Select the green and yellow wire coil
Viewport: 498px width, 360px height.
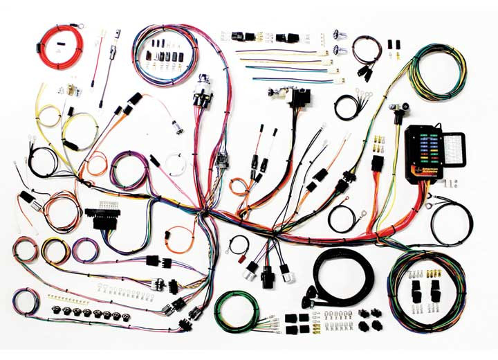pyautogui.click(x=436, y=73)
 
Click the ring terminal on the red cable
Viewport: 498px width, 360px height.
pyautogui.click(x=81, y=28)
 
